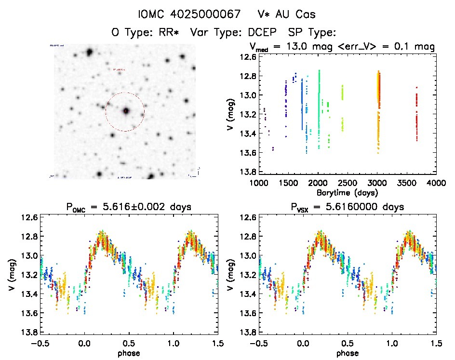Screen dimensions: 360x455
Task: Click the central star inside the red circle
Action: coord(126,111)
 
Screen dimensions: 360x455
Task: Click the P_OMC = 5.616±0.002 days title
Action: coord(129,207)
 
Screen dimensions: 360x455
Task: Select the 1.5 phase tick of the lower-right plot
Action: coord(436,343)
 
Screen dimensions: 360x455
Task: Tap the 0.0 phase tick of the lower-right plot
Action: coord(304,343)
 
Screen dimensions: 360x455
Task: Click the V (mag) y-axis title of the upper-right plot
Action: coord(233,114)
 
